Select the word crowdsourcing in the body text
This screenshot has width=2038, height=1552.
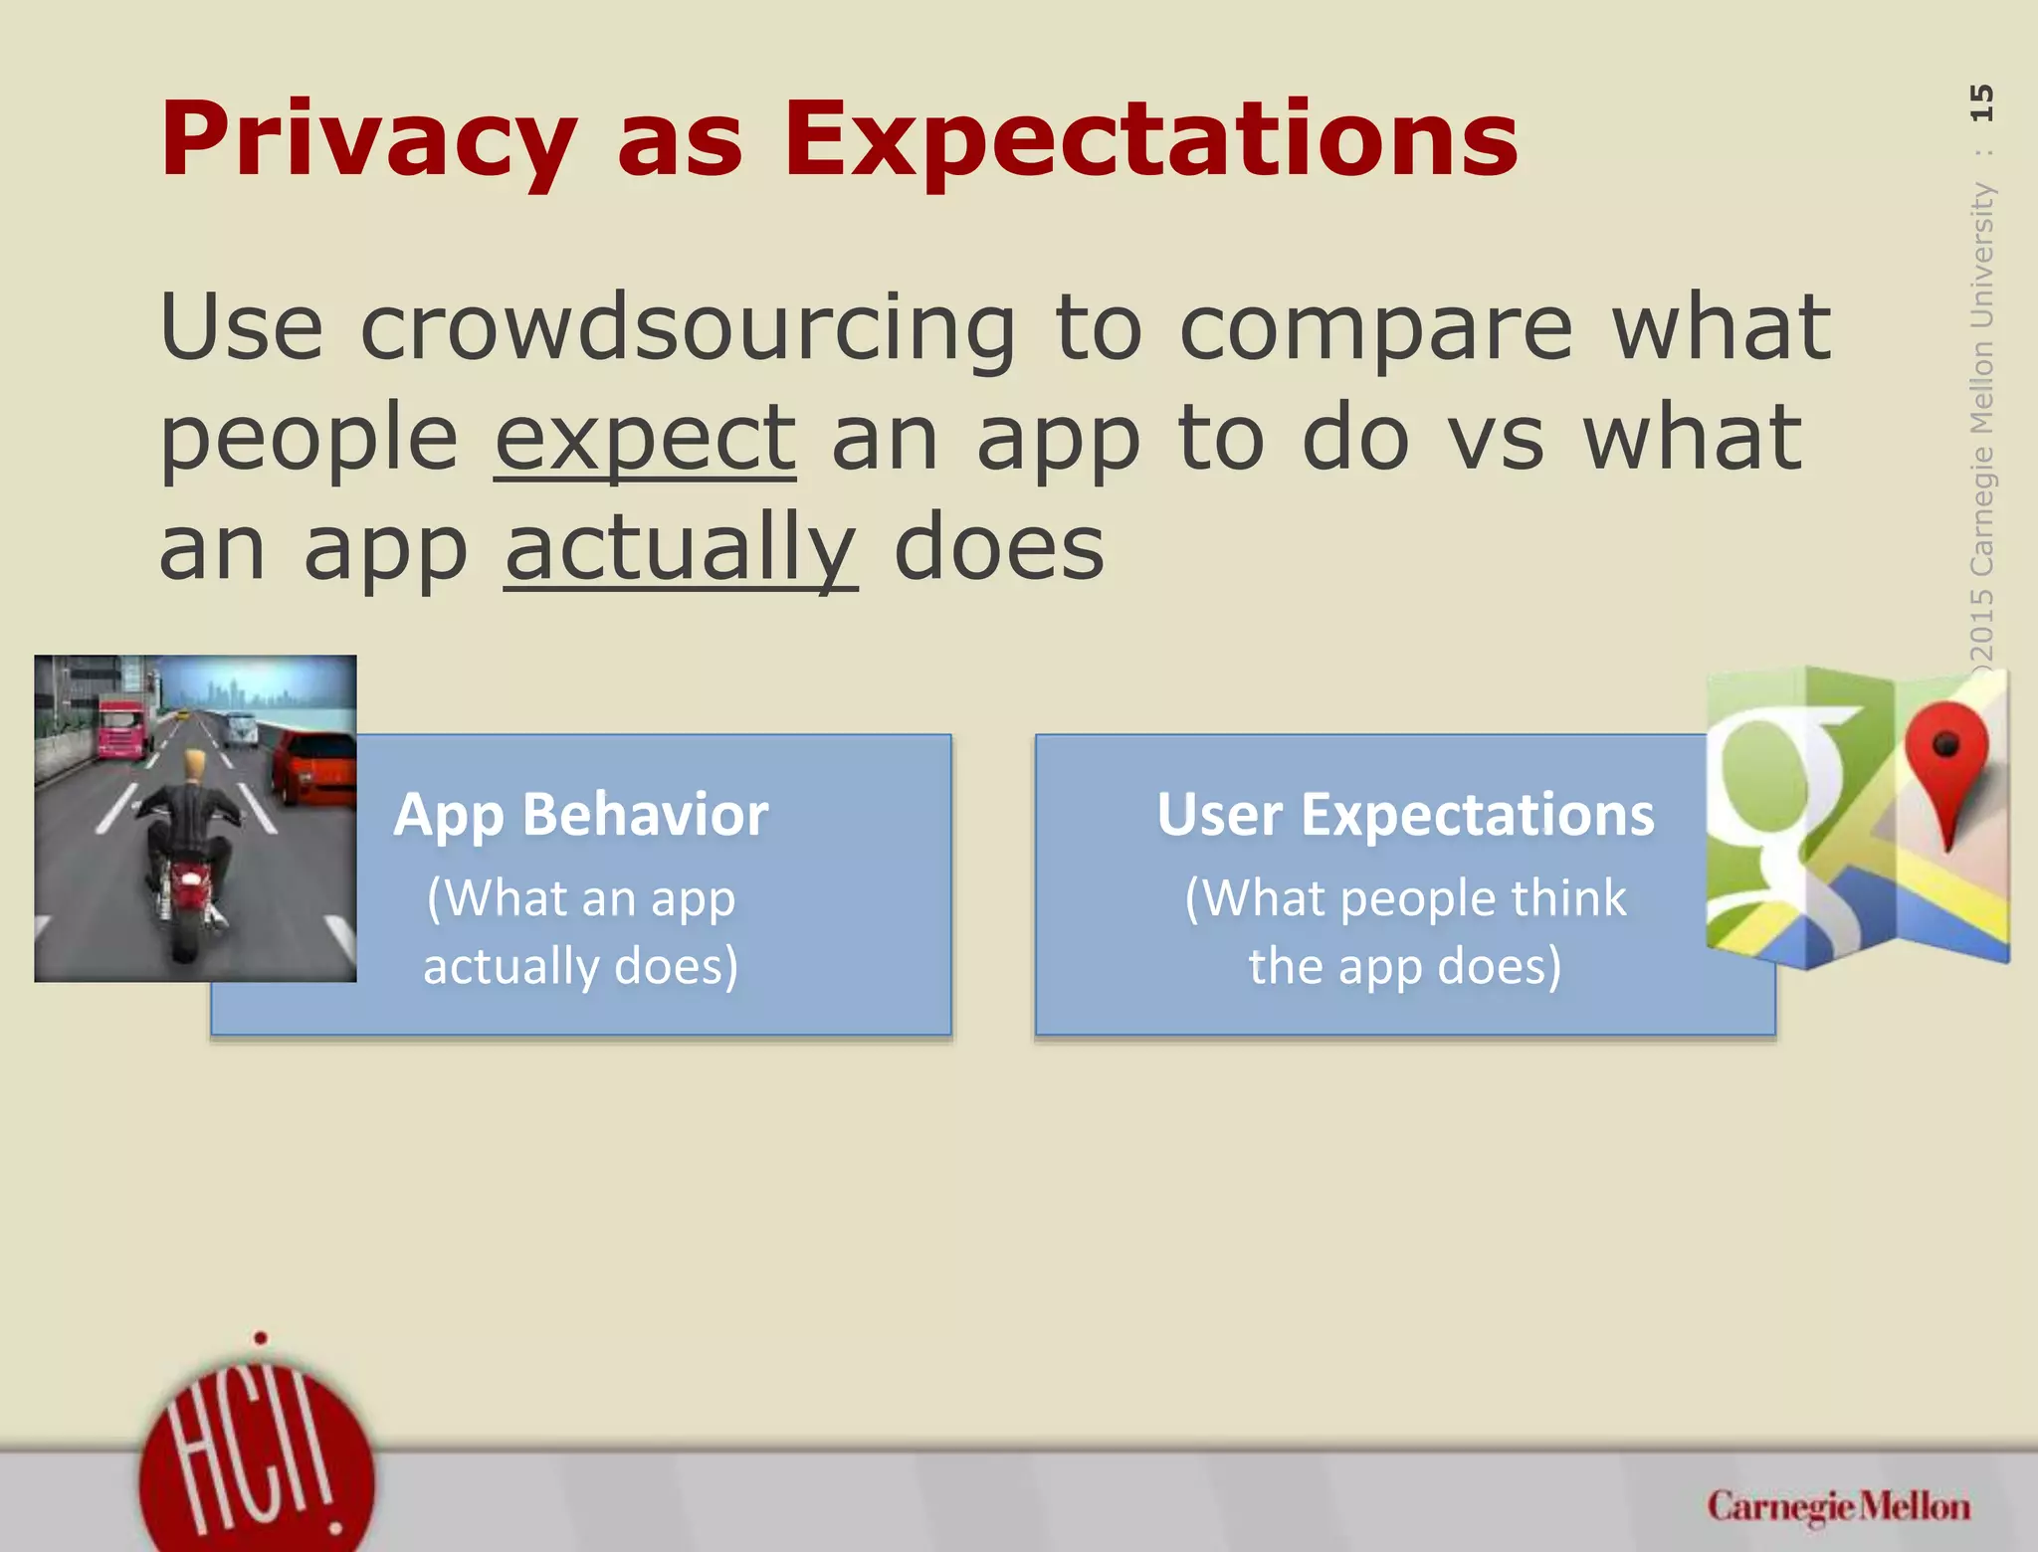[x=687, y=328]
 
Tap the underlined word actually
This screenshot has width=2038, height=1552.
[x=681, y=549]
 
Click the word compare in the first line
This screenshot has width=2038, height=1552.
[x=1375, y=328]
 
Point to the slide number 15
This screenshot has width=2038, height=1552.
[x=1981, y=102]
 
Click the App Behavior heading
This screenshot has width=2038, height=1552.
[x=580, y=815]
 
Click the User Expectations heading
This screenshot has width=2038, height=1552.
[x=1404, y=815]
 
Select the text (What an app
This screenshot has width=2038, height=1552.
[x=580, y=898]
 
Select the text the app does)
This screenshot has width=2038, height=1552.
[x=1404, y=966]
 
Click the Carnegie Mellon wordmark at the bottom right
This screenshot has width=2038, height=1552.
[x=1838, y=1506]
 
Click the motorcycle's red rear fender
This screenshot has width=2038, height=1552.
[x=186, y=879]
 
